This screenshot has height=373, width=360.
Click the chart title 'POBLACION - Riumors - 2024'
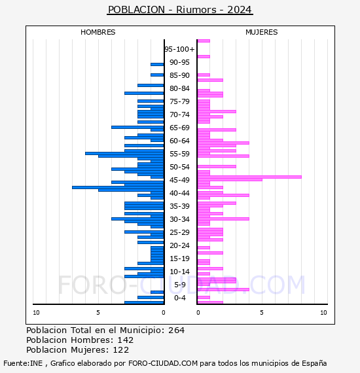point(180,10)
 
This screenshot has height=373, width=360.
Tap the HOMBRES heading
point(98,32)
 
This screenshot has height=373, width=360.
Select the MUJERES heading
point(262,32)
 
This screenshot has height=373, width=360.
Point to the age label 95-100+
point(179,49)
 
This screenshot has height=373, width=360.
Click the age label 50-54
point(179,167)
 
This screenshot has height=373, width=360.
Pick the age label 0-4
point(180,298)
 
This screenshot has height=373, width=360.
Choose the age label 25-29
point(179,232)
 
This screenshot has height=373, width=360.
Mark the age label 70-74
point(179,115)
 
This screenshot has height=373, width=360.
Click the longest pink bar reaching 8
point(249,177)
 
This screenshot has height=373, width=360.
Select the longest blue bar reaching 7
point(118,187)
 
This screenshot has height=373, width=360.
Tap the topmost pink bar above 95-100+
point(204,41)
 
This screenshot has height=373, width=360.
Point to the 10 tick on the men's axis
point(36,313)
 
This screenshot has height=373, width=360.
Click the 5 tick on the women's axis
point(262,313)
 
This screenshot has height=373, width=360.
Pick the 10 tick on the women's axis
point(323,313)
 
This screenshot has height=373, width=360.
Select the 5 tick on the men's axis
point(98,313)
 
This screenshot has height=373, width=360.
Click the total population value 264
point(176,330)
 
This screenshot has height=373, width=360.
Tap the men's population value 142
point(126,340)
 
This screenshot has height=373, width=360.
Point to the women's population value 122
point(120,350)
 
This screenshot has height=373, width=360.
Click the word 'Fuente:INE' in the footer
point(23,363)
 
